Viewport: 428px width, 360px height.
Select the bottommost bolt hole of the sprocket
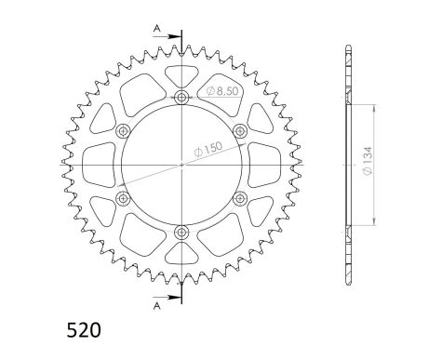tap(181, 233)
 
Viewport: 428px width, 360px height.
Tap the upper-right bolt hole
tap(240, 130)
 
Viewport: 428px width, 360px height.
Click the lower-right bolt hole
tap(240, 198)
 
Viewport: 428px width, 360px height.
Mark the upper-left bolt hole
tap(123, 131)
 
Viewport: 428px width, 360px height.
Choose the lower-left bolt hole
tap(123, 198)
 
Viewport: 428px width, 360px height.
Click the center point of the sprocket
tap(181, 165)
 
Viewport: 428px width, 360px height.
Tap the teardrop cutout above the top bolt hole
tap(181, 73)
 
